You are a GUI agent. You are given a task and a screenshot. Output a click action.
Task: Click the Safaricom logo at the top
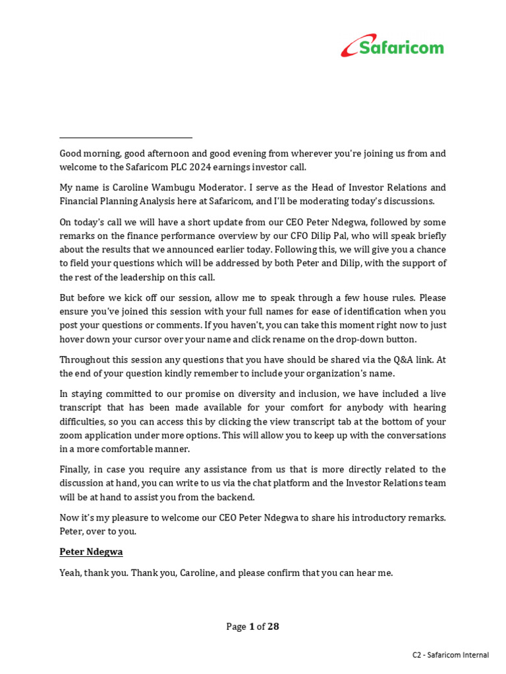point(392,46)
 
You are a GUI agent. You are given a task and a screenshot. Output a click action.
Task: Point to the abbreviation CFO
point(334,236)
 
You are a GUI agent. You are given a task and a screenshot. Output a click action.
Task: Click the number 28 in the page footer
point(272,627)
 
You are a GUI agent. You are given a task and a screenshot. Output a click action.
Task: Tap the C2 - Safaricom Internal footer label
point(451,655)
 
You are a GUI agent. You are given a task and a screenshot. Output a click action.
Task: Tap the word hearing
point(429,407)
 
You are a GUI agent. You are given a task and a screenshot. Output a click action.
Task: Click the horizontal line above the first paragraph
point(126,138)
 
